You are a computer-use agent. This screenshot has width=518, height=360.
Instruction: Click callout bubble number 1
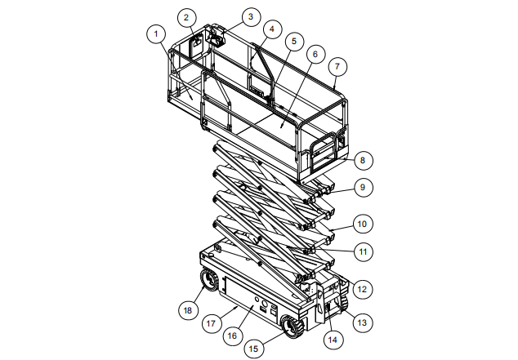156,33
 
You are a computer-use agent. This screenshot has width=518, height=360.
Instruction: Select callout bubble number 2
186,17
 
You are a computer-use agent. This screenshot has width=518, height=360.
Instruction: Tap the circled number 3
251,16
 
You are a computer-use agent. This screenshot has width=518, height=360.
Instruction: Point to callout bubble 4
272,29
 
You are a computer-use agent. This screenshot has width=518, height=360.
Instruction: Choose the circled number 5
294,42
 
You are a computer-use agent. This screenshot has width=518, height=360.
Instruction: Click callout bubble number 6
315,54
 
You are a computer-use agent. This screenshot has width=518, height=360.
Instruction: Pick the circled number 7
337,67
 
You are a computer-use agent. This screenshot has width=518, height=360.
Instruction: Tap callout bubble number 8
363,160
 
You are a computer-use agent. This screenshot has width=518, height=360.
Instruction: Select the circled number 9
363,188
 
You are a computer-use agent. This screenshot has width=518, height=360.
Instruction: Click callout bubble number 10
363,224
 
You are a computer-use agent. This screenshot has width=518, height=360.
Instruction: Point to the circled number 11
363,252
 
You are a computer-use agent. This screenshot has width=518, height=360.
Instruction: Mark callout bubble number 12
363,289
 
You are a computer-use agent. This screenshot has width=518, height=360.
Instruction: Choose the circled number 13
363,322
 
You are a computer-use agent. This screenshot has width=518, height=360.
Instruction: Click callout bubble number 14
333,340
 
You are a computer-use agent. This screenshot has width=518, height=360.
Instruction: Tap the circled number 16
233,336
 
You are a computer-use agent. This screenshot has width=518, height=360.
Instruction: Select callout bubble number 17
211,323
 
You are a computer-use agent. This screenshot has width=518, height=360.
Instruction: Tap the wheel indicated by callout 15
291,327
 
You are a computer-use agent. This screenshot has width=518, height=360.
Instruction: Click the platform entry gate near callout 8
323,152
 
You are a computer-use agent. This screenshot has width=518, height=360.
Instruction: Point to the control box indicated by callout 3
216,37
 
